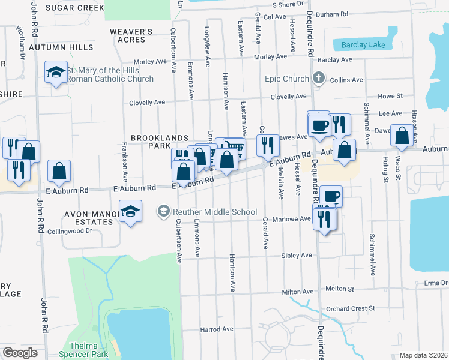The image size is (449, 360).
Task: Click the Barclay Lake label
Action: click(x=361, y=45)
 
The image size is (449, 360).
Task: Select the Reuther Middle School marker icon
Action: click(x=163, y=211)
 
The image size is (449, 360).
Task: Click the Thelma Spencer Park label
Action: click(x=88, y=350)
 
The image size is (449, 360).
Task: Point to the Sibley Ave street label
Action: click(x=297, y=256)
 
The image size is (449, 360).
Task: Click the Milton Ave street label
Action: click(x=298, y=292)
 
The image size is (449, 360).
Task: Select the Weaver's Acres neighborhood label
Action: click(x=128, y=35)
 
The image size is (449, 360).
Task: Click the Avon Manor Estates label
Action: click(x=89, y=217)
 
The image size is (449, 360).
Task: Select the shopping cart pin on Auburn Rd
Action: click(x=235, y=148)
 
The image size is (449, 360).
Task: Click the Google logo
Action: click(x=20, y=353)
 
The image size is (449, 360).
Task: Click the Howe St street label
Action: click(x=390, y=97)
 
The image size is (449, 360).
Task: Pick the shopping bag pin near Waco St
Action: click(x=401, y=136)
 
